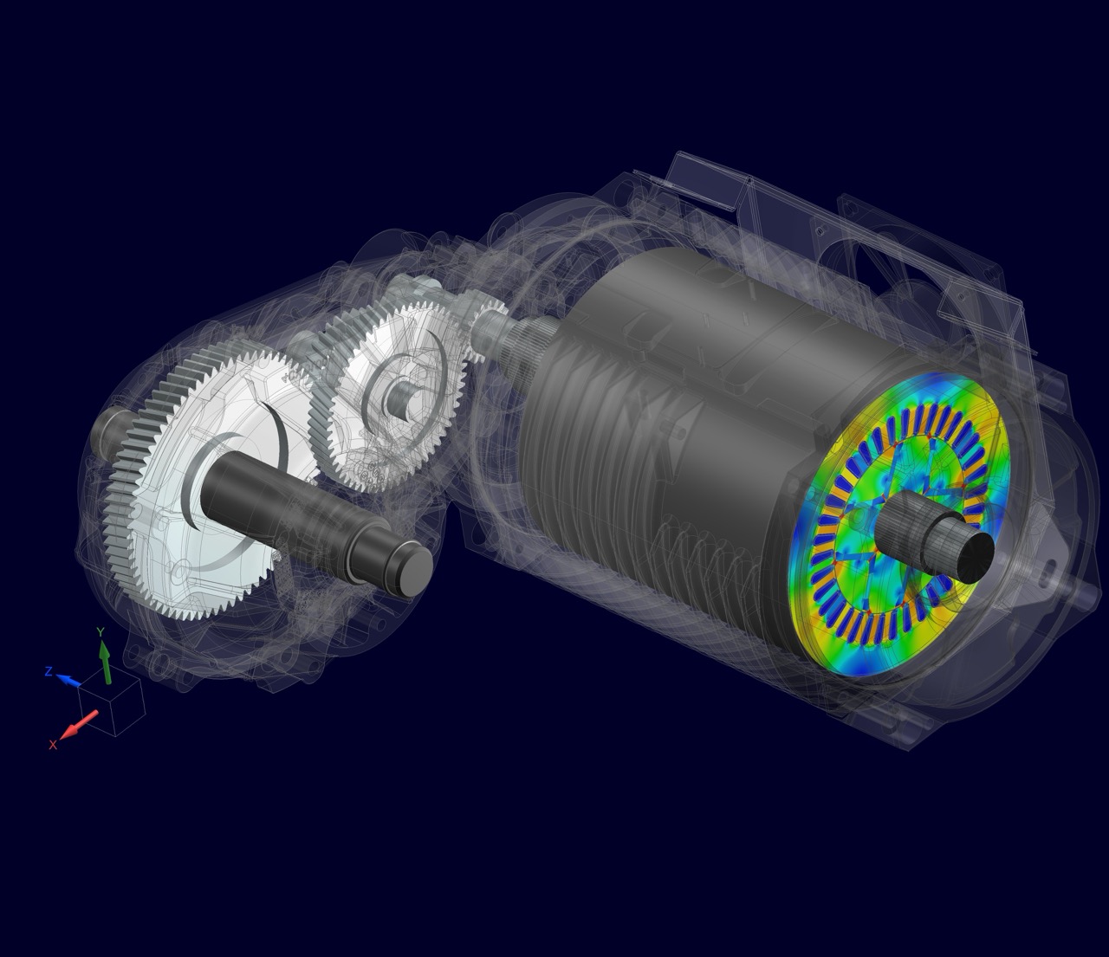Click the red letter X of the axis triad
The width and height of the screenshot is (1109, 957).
click(53, 745)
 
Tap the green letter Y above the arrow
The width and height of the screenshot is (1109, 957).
click(100, 632)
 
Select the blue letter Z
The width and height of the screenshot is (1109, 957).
click(49, 671)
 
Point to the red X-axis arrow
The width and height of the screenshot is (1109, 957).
click(79, 724)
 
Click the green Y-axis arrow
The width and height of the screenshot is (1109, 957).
click(105, 663)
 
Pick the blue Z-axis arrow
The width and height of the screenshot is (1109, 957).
click(69, 680)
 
